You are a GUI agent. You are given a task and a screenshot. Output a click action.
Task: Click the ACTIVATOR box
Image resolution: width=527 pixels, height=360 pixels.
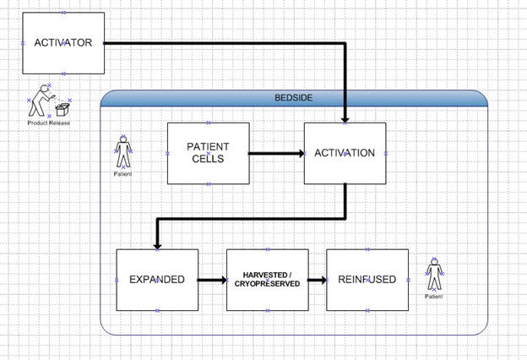63,42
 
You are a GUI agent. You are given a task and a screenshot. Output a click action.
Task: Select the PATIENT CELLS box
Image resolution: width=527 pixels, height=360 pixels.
209,153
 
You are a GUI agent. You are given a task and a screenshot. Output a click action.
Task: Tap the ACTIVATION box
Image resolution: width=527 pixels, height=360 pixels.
345,153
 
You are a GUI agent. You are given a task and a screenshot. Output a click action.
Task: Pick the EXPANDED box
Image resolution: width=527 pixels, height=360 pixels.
157,280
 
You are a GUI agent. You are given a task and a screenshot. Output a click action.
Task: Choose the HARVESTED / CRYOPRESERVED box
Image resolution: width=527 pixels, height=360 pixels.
268,280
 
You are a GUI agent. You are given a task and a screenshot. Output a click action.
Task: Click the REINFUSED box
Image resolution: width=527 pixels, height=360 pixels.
367,280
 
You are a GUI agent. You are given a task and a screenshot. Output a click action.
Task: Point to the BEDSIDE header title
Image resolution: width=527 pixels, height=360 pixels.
294,98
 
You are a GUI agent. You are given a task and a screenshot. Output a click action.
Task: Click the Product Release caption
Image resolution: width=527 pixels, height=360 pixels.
49,123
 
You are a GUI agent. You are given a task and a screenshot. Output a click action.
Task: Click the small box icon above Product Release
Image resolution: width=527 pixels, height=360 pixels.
61,109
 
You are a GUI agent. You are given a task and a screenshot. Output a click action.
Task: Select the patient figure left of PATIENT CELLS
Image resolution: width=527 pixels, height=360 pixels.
123,152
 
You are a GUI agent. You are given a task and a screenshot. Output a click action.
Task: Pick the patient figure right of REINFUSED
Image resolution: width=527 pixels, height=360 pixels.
434,275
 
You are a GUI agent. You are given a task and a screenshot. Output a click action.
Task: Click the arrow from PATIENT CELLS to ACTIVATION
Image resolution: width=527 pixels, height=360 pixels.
277,154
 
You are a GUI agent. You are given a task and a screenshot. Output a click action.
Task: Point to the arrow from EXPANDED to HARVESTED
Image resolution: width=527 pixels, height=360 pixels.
212,280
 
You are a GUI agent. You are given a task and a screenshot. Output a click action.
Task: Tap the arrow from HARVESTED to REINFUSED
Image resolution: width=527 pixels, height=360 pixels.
318,280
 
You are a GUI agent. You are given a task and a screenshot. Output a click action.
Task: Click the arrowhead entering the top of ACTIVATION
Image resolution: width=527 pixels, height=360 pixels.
346,117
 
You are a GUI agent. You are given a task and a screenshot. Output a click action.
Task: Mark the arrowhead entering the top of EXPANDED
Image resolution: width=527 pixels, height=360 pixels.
157,243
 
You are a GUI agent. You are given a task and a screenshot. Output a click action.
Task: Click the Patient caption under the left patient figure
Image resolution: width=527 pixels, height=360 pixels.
123,174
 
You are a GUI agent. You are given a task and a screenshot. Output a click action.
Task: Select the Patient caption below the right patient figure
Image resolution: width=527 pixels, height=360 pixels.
434,297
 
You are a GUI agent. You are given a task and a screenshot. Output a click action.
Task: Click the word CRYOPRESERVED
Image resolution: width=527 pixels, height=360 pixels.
268,285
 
